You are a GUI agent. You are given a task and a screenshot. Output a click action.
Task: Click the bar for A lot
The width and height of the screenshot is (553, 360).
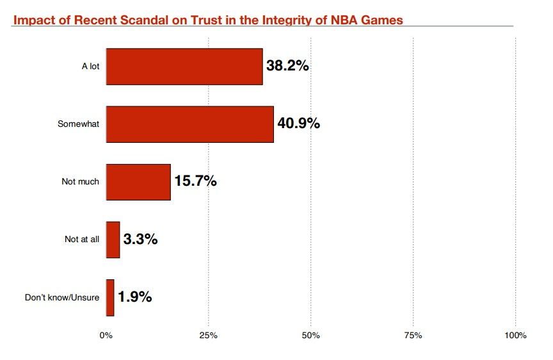pyautogui.click(x=184, y=67)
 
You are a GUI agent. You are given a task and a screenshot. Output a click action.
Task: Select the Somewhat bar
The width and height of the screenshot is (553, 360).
pyautogui.click(x=189, y=124)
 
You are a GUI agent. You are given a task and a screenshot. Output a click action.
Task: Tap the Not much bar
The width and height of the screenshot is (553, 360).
pyautogui.click(x=138, y=182)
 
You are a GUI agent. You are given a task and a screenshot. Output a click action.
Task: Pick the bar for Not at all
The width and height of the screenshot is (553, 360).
pyautogui.click(x=113, y=240)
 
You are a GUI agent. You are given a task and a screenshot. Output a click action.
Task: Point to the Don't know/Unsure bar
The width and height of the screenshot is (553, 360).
pyautogui.click(x=110, y=297)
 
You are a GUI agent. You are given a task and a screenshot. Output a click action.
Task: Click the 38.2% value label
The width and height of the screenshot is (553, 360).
pyautogui.click(x=287, y=65)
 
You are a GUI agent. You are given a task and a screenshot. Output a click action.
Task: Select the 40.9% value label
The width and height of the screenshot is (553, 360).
pyautogui.click(x=298, y=123)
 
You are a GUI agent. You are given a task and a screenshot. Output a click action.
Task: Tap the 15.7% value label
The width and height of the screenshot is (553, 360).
pyautogui.click(x=195, y=181)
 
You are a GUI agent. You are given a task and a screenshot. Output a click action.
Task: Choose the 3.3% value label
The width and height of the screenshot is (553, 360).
pyautogui.click(x=140, y=240)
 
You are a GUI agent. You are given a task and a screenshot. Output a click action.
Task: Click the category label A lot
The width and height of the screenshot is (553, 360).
pyautogui.click(x=90, y=67)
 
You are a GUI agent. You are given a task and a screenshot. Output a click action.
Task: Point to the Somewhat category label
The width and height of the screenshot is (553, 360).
pyautogui.click(x=79, y=124)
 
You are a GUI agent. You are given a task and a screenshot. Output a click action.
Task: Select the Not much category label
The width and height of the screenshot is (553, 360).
pyautogui.click(x=81, y=182)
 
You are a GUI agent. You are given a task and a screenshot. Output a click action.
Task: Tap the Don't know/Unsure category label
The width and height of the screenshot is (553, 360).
pyautogui.click(x=62, y=297)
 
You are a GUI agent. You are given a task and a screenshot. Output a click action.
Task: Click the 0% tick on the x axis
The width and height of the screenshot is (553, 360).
pyautogui.click(x=106, y=336)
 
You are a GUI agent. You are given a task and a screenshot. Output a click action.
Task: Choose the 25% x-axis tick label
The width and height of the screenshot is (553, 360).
pyautogui.click(x=208, y=336)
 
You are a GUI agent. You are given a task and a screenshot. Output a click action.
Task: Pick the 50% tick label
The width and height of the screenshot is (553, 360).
pyautogui.click(x=310, y=336)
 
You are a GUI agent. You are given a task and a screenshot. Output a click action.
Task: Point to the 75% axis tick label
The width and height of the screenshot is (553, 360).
pyautogui.click(x=413, y=336)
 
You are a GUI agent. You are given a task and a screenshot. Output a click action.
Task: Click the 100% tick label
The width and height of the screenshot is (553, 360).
pyautogui.click(x=515, y=336)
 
